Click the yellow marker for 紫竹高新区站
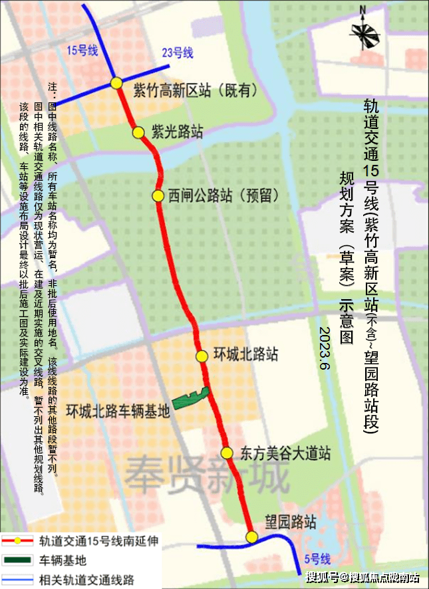(x=116, y=83)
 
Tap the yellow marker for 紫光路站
(x=138, y=132)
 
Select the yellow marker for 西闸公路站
(x=158, y=196)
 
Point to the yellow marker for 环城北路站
(x=202, y=356)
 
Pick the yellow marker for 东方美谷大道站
(x=227, y=453)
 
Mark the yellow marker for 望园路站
(x=251, y=537)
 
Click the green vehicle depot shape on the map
(x=192, y=398)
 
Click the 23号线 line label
(x=178, y=53)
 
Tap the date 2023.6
(x=324, y=349)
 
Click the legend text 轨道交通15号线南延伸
(x=99, y=542)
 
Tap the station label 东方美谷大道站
(x=286, y=454)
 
